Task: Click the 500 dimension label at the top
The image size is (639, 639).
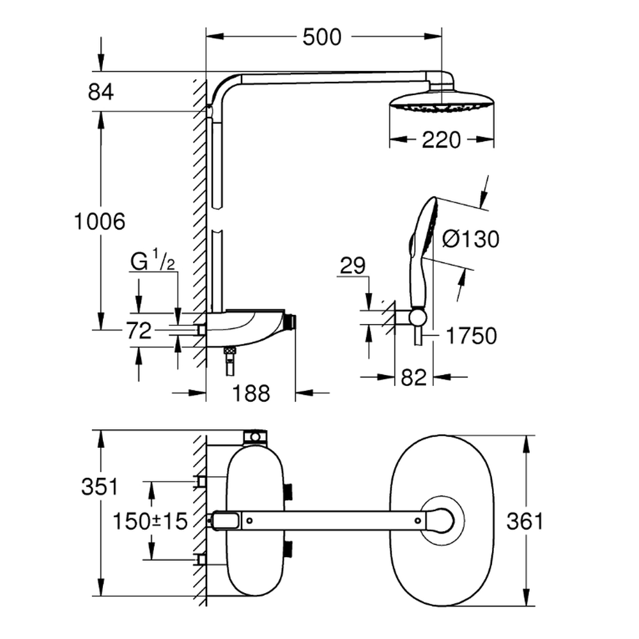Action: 321,38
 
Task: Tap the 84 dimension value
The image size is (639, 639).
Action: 100,92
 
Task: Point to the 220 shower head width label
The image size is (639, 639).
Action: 442,139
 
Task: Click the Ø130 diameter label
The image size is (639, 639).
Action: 470,240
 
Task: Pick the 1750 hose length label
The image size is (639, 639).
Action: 472,335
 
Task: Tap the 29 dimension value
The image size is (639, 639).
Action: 353,266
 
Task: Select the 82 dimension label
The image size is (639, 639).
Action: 413,377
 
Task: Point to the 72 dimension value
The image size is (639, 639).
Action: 138,331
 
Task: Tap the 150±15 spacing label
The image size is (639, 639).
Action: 150,521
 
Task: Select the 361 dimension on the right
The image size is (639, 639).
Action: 524,521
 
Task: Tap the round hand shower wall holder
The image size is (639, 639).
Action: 417,318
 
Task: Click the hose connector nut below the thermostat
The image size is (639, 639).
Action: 229,351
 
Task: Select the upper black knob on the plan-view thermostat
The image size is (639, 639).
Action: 289,491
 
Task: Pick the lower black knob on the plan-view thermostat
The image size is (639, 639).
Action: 289,548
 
